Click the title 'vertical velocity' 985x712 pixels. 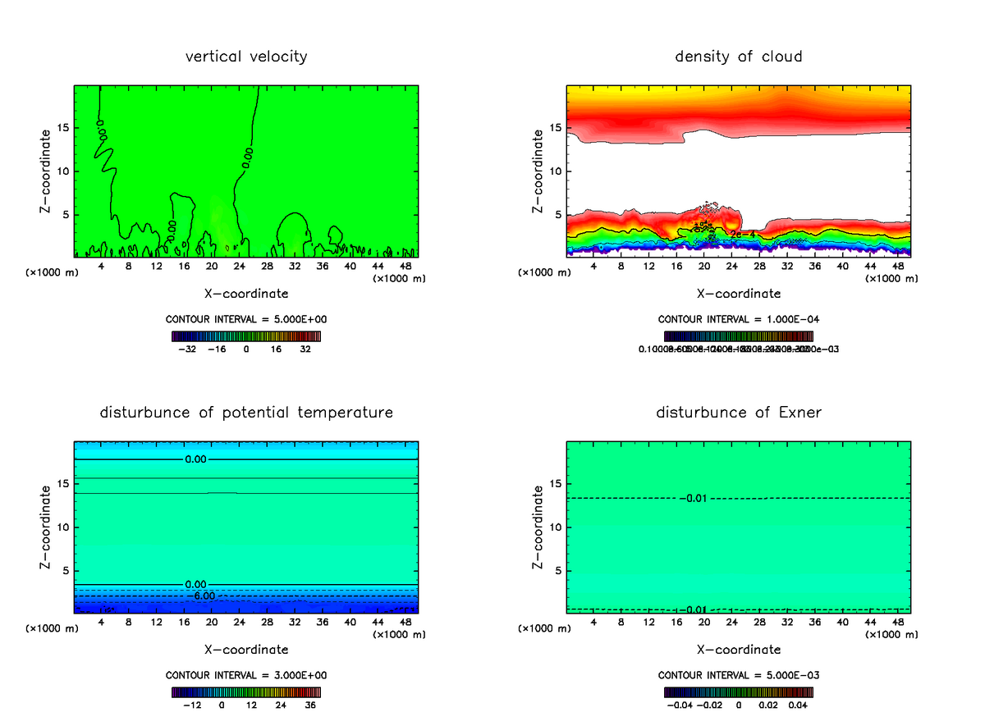pyautogui.click(x=246, y=57)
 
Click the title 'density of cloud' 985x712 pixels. pyautogui.click(x=739, y=57)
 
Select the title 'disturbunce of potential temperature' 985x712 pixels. pyautogui.click(x=246, y=412)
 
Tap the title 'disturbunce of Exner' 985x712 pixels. pyautogui.click(x=739, y=412)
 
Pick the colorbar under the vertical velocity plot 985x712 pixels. pyautogui.click(x=246, y=336)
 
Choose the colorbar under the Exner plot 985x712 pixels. pyautogui.click(x=739, y=692)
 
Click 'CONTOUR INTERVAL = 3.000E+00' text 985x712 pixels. pyautogui.click(x=246, y=675)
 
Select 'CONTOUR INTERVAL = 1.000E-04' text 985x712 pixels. pyautogui.click(x=739, y=319)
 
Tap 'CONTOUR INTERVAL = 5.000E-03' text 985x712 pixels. pyautogui.click(x=739, y=675)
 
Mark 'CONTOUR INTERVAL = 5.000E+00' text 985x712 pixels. pyautogui.click(x=246, y=319)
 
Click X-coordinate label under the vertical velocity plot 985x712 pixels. pyautogui.click(x=246, y=293)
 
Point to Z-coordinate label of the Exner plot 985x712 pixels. pyautogui.click(x=538, y=527)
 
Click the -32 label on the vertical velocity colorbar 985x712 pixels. pyautogui.click(x=187, y=349)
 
